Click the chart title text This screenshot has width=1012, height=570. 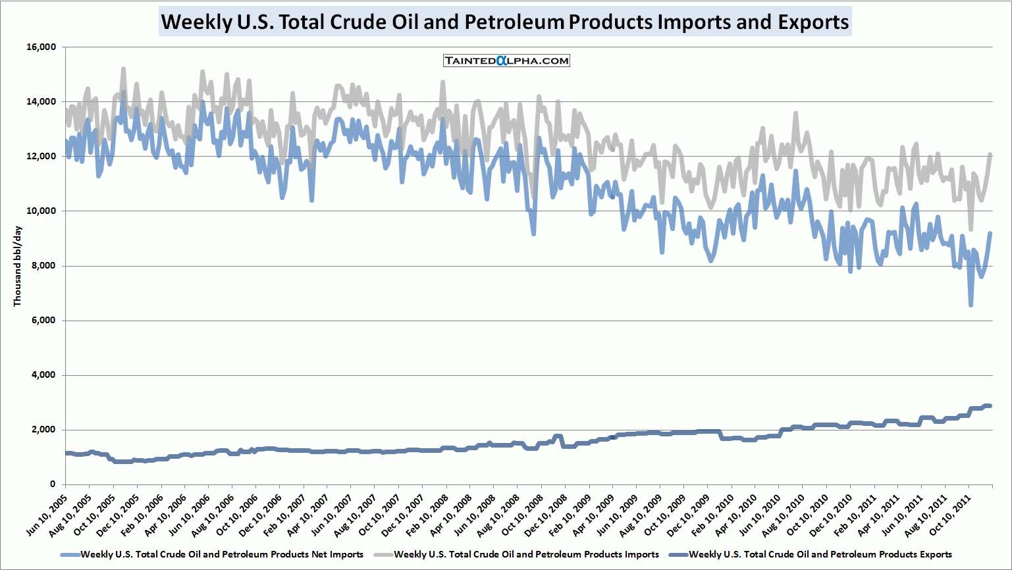coord(505,22)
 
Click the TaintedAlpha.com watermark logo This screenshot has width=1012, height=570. coord(506,61)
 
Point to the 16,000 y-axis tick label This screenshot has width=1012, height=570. coord(41,47)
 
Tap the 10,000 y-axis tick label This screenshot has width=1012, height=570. coord(41,211)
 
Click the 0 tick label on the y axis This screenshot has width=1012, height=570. coord(53,484)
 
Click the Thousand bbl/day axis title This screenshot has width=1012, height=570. coord(18,266)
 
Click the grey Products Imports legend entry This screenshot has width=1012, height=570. coord(526,555)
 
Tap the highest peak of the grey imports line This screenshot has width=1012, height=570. coord(123,68)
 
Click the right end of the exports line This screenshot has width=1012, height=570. coord(990,406)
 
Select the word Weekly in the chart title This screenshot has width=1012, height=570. coord(195,22)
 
